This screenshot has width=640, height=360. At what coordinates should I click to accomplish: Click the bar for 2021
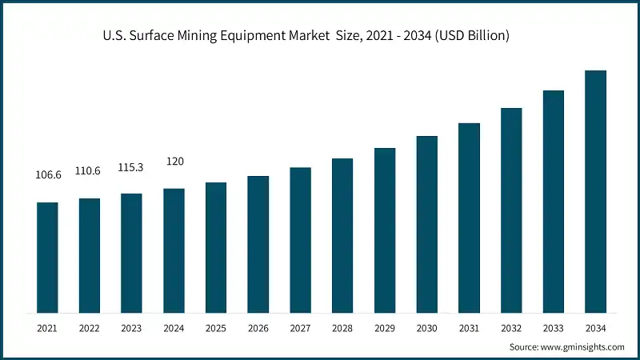point(47,257)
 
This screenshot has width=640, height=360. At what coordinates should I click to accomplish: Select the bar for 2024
point(174,250)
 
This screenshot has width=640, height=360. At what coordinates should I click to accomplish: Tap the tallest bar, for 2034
point(595,191)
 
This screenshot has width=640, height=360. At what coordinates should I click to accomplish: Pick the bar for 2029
point(385,230)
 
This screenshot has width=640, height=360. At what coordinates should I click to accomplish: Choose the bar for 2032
point(511,210)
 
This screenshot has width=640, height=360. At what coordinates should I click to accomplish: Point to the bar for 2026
point(258,244)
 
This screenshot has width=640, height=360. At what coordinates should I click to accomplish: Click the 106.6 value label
point(47,174)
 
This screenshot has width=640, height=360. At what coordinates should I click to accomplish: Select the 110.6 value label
point(90,170)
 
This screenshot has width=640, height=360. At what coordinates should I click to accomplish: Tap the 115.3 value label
point(131,166)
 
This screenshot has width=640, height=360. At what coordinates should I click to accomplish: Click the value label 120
point(174,162)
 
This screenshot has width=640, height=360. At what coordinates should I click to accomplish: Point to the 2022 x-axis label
point(90,327)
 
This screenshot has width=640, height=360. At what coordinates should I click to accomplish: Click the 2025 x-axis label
point(216,327)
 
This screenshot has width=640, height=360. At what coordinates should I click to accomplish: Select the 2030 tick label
point(426,327)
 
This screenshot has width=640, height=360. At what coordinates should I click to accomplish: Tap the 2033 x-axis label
point(553,327)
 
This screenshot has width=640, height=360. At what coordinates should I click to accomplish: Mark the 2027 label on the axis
point(300,327)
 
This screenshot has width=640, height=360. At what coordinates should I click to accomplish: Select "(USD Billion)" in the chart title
point(470,36)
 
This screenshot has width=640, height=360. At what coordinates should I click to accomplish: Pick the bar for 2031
point(469,218)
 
